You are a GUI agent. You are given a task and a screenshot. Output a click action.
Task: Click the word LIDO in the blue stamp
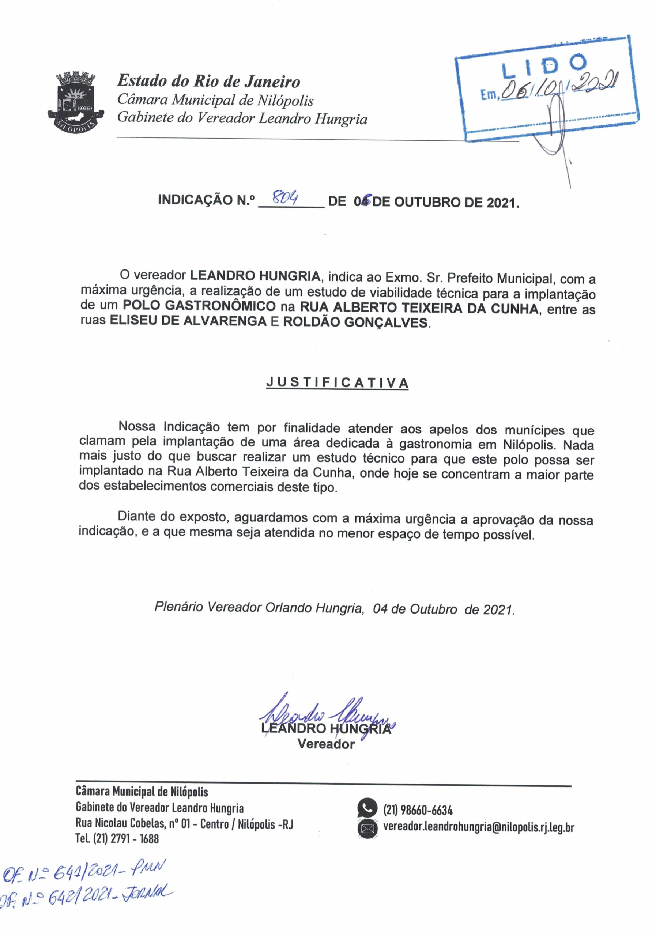coord(544,67)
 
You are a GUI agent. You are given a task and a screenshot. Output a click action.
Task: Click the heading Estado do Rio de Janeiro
coord(208,82)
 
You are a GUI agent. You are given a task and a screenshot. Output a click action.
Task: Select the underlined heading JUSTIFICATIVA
coord(337,383)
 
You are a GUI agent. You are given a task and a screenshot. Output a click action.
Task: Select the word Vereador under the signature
coord(326,744)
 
